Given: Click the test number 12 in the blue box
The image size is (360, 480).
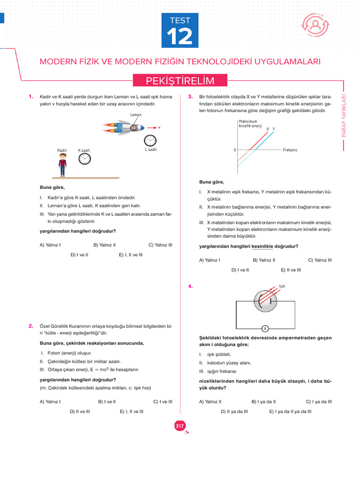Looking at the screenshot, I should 180,37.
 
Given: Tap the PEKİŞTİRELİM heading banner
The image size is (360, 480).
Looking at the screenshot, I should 180,81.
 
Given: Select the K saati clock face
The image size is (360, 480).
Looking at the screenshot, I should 84,159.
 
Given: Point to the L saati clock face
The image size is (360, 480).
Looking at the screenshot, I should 150,141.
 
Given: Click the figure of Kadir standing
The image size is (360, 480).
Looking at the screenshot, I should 62,165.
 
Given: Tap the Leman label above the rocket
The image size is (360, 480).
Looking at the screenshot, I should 136,114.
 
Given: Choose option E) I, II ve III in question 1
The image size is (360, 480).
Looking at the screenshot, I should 131,255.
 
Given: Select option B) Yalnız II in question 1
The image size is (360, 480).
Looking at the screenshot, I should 105,245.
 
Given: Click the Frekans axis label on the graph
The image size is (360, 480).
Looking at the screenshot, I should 290,150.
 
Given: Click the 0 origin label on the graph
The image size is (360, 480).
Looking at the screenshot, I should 234,150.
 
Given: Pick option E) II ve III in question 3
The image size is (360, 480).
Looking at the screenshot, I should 291,270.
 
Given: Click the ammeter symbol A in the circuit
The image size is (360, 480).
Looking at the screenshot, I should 265,328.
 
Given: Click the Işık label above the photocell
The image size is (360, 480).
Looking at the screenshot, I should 282,286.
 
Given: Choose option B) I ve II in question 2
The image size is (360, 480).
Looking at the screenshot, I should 107,401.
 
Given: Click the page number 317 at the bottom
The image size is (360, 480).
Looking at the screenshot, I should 180,426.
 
